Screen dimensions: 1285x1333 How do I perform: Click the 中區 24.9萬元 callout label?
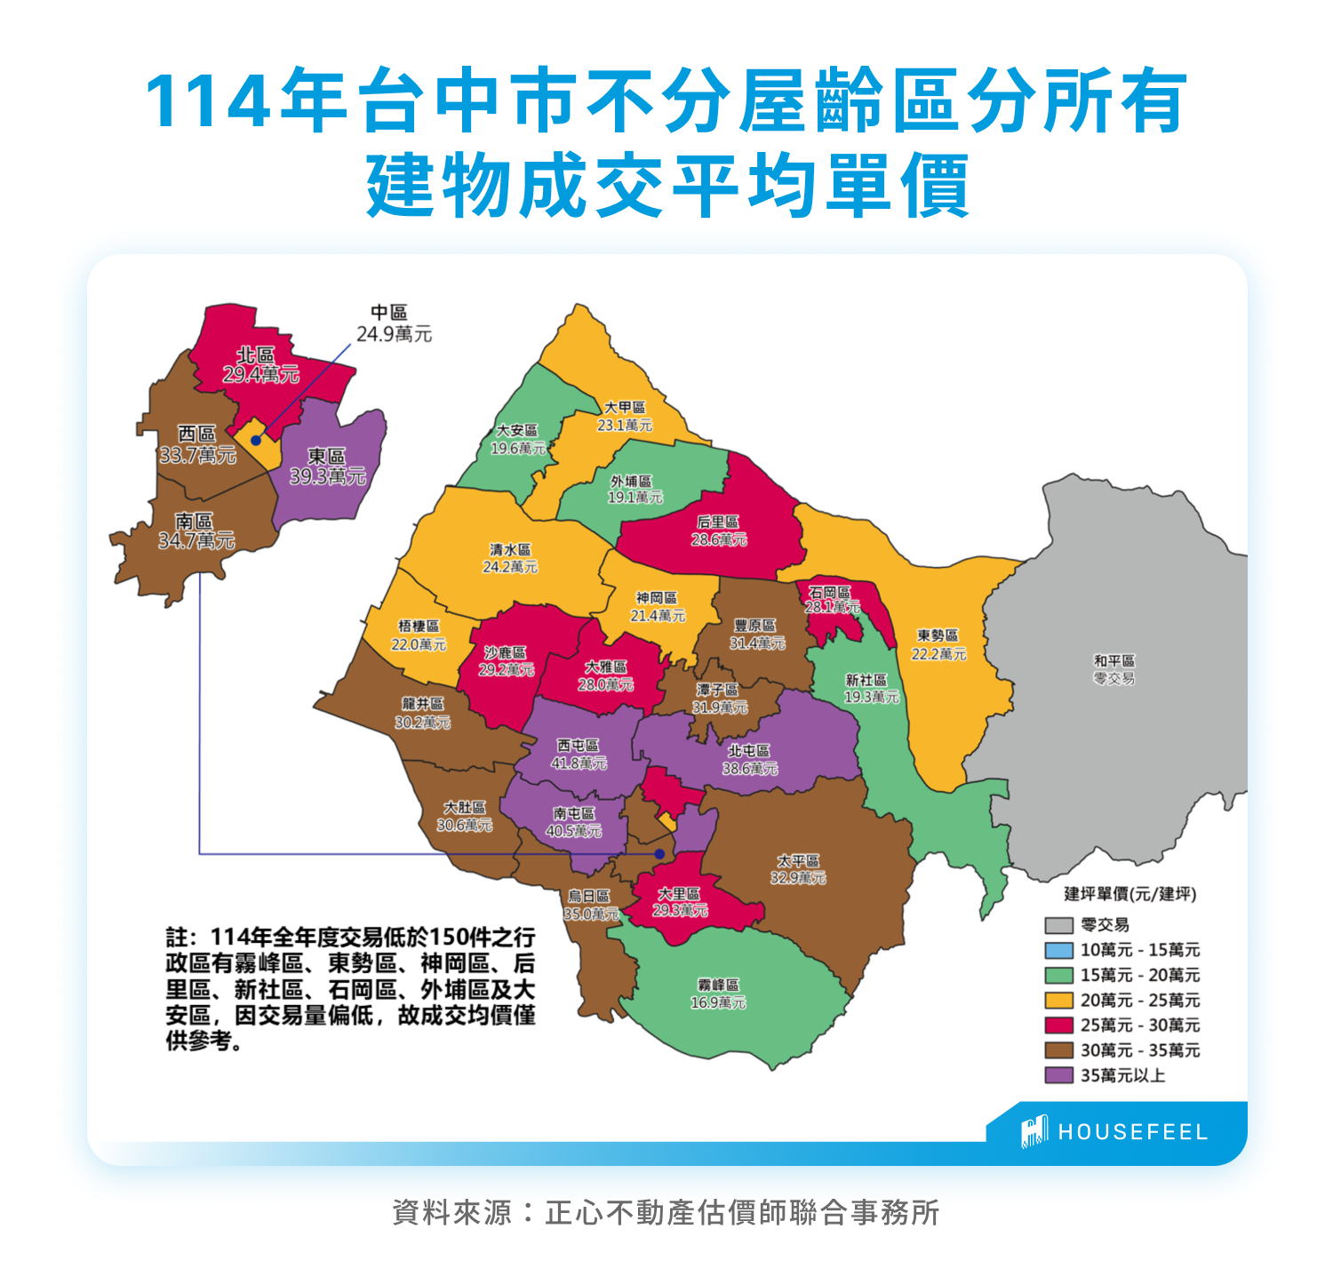(394, 323)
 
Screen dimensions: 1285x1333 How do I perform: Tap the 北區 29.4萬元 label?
(259, 365)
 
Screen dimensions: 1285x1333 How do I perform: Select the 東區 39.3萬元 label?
(327, 467)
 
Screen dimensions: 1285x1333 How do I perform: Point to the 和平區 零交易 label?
(1113, 669)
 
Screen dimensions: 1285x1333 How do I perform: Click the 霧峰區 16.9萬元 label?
(718, 994)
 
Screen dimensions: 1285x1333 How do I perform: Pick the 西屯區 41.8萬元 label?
(579, 754)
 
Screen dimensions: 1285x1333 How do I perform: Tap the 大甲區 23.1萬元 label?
(625, 416)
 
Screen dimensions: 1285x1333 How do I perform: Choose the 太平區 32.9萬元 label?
(798, 869)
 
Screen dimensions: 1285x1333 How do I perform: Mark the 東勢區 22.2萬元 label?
(938, 644)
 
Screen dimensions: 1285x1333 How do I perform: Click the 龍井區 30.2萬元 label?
(422, 713)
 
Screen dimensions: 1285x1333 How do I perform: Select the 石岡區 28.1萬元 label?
(832, 599)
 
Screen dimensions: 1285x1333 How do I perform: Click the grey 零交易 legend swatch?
(1058, 925)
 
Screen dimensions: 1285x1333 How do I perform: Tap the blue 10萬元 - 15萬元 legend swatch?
(1058, 950)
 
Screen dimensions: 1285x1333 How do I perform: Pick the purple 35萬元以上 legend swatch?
(1058, 1075)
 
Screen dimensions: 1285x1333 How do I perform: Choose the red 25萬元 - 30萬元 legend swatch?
(1058, 1026)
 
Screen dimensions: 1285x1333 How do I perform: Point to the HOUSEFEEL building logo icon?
(1034, 1131)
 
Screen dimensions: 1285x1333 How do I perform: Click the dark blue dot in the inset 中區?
(256, 440)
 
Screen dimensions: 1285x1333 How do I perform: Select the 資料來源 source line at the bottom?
(666, 1212)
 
